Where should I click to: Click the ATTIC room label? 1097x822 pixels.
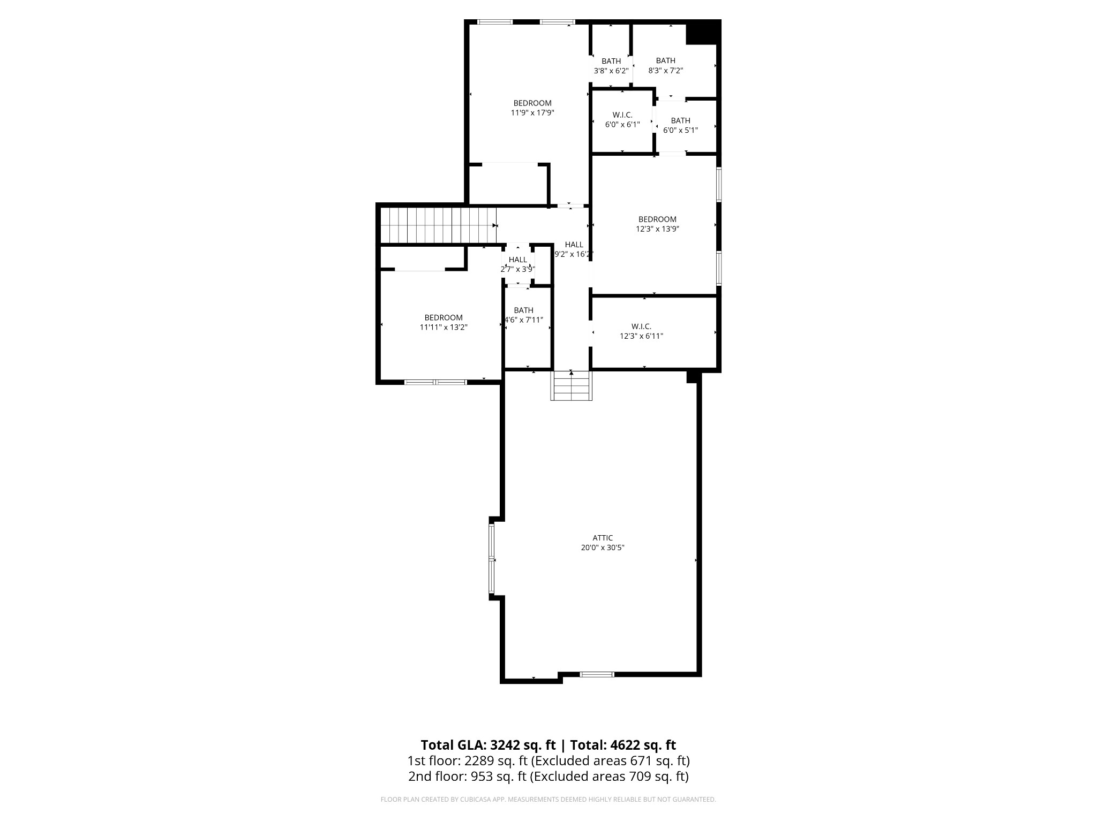pyautogui.click(x=603, y=538)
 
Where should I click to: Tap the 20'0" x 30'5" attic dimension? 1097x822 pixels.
pyautogui.click(x=603, y=547)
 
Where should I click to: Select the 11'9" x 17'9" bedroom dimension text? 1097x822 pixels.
pyautogui.click(x=532, y=113)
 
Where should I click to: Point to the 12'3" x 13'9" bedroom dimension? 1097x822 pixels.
pyautogui.click(x=657, y=229)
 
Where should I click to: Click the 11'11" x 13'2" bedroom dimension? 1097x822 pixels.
pyautogui.click(x=444, y=328)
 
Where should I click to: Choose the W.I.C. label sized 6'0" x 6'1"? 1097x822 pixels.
pyautogui.click(x=622, y=115)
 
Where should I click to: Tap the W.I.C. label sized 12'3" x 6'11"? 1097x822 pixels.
pyautogui.click(x=641, y=326)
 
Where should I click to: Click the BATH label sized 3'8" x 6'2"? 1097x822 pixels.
pyautogui.click(x=611, y=61)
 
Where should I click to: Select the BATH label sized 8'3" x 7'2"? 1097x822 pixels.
pyautogui.click(x=666, y=60)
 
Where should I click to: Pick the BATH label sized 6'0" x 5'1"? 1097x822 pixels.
pyautogui.click(x=681, y=120)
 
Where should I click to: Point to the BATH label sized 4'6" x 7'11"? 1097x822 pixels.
pyautogui.click(x=523, y=310)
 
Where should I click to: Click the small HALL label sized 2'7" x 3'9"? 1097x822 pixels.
pyautogui.click(x=518, y=260)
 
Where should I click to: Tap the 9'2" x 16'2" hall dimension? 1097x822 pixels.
pyautogui.click(x=574, y=255)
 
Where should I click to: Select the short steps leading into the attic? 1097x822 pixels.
pyautogui.click(x=572, y=386)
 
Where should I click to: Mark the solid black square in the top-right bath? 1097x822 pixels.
pyautogui.click(x=703, y=32)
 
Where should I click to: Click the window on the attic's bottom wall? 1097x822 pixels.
pyautogui.click(x=597, y=674)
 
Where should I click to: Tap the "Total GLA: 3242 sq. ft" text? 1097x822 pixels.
pyautogui.click(x=488, y=745)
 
